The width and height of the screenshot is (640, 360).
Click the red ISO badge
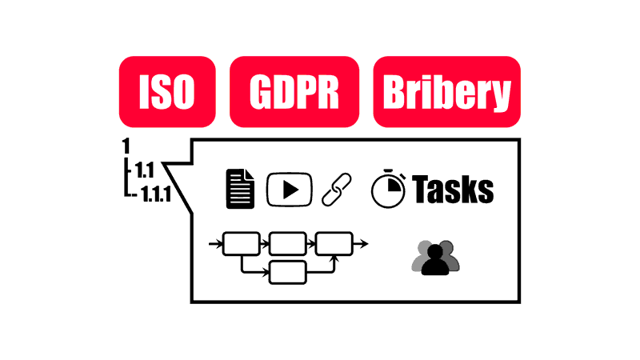167,92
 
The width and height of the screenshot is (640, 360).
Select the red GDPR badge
294,92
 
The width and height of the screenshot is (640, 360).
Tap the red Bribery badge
447,92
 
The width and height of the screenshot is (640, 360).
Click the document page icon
241,189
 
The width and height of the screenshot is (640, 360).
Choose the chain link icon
337,190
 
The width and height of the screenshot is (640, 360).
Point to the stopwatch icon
388,189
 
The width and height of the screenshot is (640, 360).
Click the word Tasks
453,189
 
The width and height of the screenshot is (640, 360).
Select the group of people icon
435,258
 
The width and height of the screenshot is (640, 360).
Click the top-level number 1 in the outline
126,146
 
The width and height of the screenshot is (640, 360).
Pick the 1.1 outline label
145,170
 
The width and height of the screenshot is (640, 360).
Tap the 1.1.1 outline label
156,194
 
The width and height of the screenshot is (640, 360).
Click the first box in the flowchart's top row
242,244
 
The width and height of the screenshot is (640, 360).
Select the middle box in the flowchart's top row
288,244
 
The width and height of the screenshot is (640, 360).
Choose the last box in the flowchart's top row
334,244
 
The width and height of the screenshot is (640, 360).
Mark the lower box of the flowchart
288,272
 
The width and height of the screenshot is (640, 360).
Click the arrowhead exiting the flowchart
364,244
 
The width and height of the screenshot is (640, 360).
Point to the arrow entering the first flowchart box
215,244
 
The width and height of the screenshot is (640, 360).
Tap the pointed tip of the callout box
163,163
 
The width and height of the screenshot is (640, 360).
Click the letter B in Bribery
394,92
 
